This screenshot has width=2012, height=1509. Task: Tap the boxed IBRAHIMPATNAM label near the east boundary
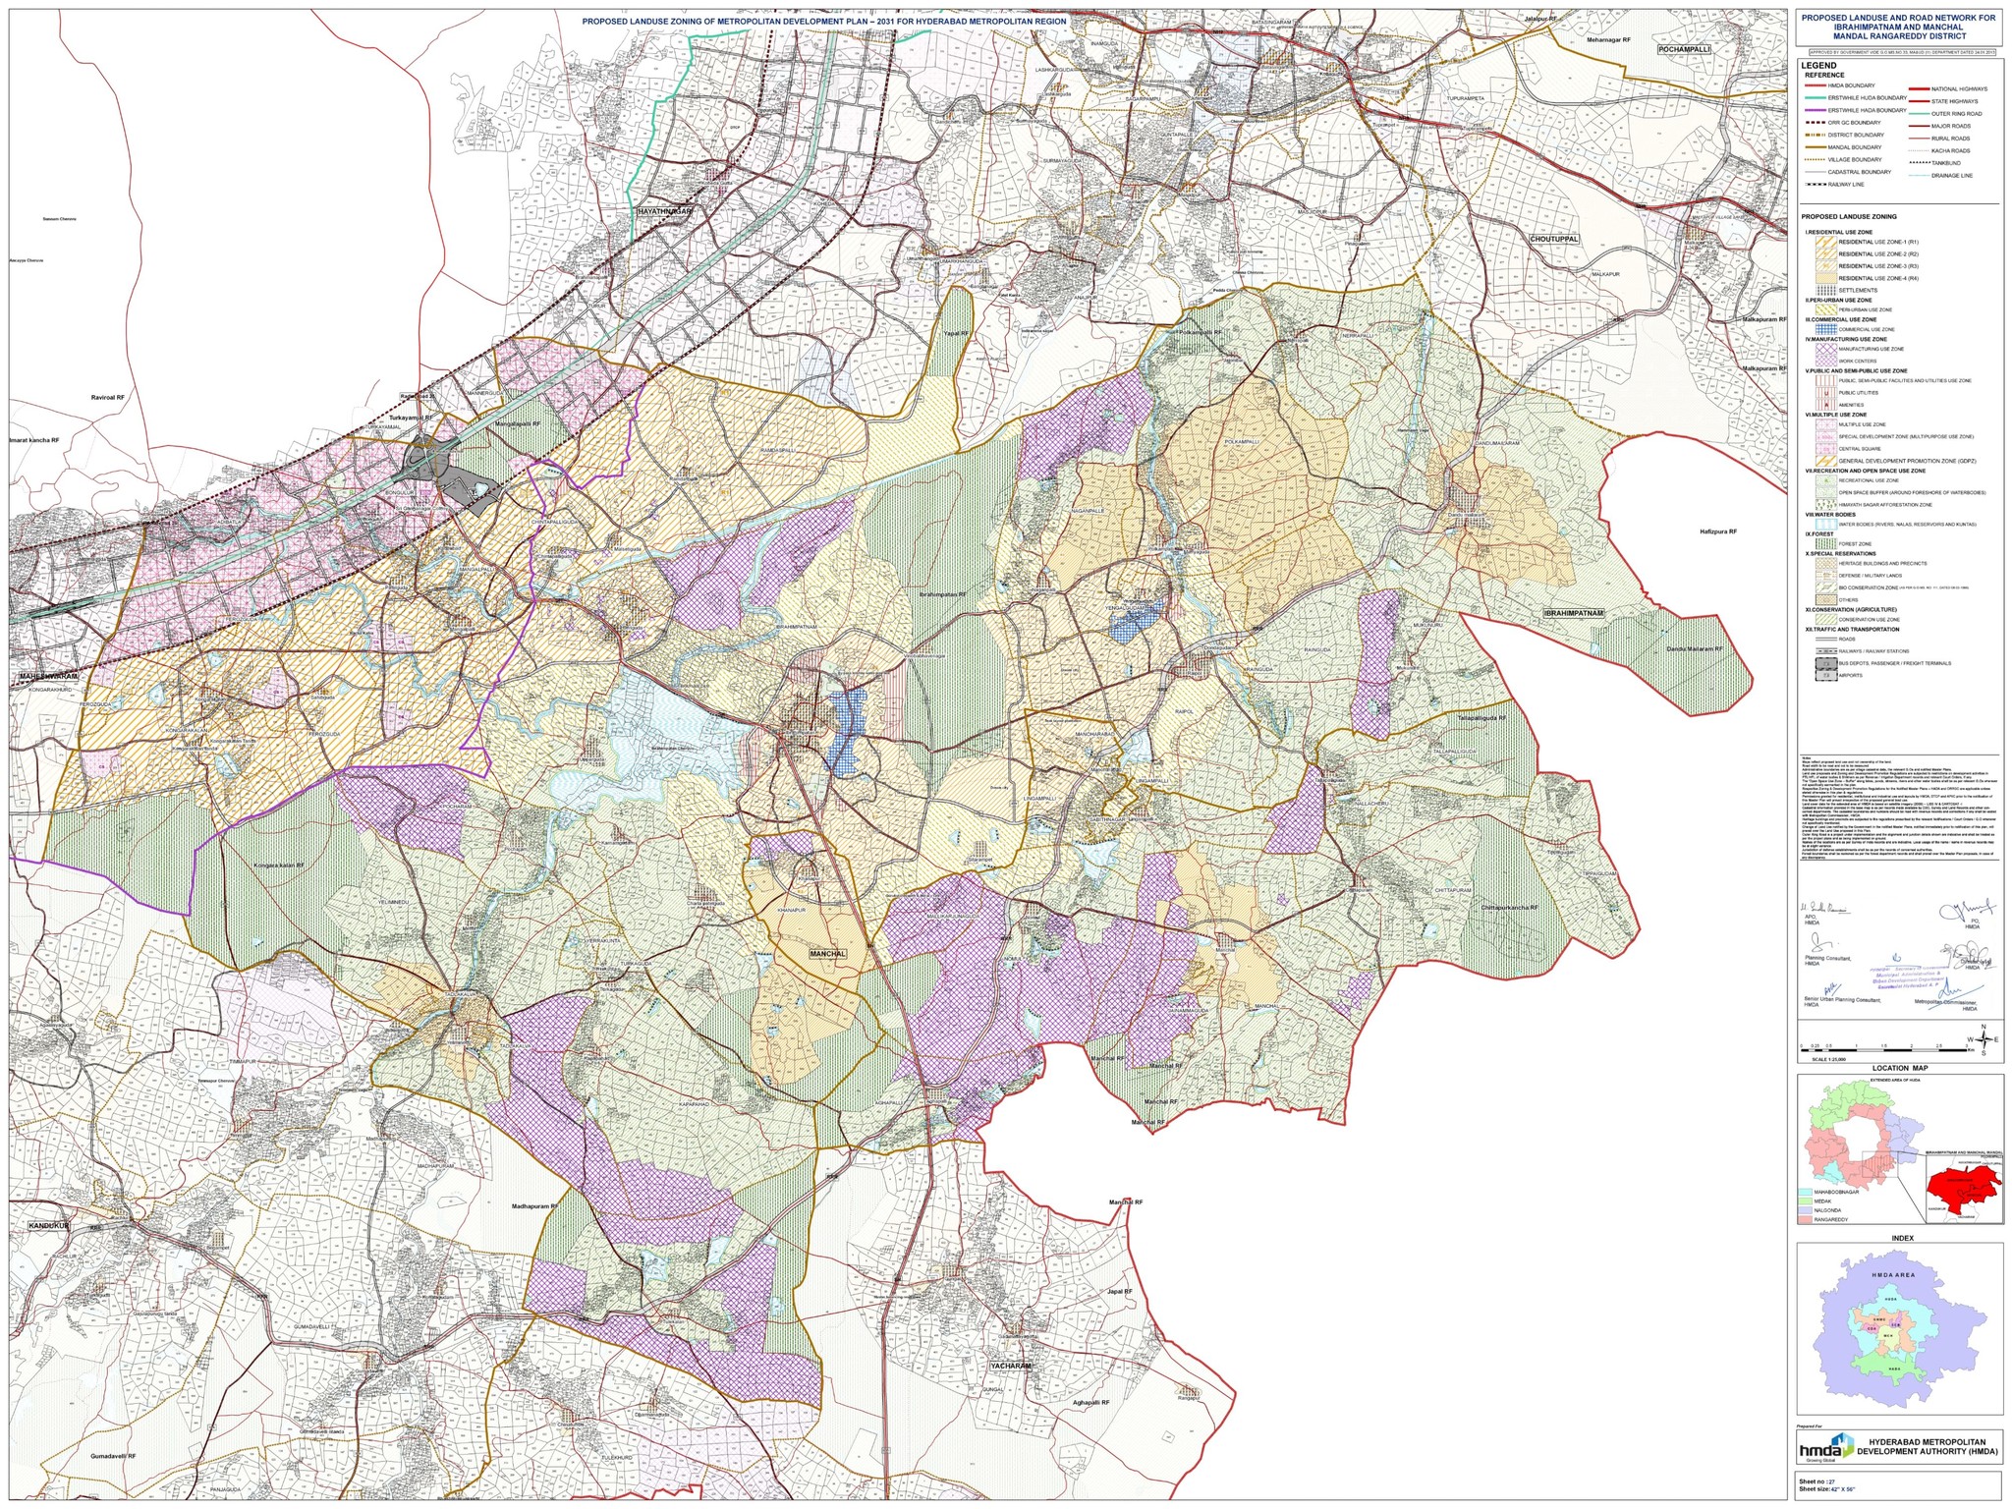point(1573,613)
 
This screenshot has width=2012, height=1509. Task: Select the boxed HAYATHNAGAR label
point(665,211)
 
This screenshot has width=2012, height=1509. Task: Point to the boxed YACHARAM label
point(1010,1366)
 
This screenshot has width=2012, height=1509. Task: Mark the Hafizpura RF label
point(1718,531)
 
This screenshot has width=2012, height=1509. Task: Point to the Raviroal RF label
point(107,398)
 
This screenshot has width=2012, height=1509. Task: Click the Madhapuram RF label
point(534,1206)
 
